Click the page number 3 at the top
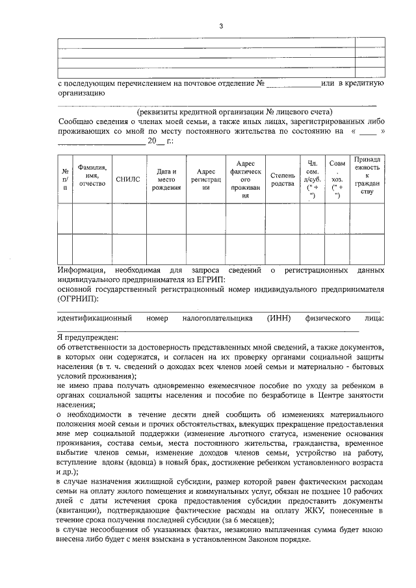coord(221,26)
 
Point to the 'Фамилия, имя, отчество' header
coord(92,175)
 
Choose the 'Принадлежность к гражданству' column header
coord(367,175)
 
